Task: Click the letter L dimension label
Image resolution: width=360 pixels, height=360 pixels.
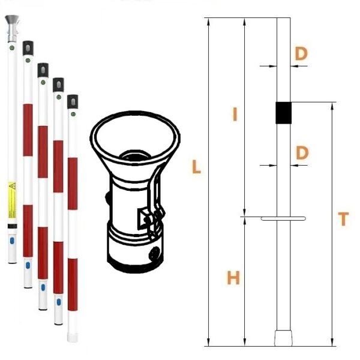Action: pos(196,167)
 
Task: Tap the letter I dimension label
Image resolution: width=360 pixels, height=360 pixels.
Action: pos(235,115)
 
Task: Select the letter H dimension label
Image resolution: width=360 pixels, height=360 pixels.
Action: pos(233,278)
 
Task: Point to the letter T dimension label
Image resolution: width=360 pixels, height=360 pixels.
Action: pos(343,219)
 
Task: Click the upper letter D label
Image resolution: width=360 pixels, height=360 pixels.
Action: pos(301,54)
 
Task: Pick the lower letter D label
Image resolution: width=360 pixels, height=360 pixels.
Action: pos(302,153)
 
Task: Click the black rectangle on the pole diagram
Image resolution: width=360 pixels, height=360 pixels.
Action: pos(284,113)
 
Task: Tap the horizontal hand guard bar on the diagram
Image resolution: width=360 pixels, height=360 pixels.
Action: pos(283,218)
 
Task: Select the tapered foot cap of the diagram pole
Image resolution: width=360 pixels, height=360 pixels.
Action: pos(283,338)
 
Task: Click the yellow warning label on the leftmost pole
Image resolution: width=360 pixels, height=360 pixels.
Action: pos(13,200)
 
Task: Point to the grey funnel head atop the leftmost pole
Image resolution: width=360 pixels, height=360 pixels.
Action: pos(12,28)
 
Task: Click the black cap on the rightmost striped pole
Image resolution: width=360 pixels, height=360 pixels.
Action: pos(73,101)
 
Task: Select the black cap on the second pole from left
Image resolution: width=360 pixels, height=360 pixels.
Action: pos(28,48)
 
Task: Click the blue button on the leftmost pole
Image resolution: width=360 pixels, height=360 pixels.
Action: pos(12,241)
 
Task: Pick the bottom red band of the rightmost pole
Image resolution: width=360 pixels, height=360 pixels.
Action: pos(73,284)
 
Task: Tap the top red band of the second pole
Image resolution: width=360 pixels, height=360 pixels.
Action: pos(28,130)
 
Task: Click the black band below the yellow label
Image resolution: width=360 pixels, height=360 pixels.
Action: pos(13,226)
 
